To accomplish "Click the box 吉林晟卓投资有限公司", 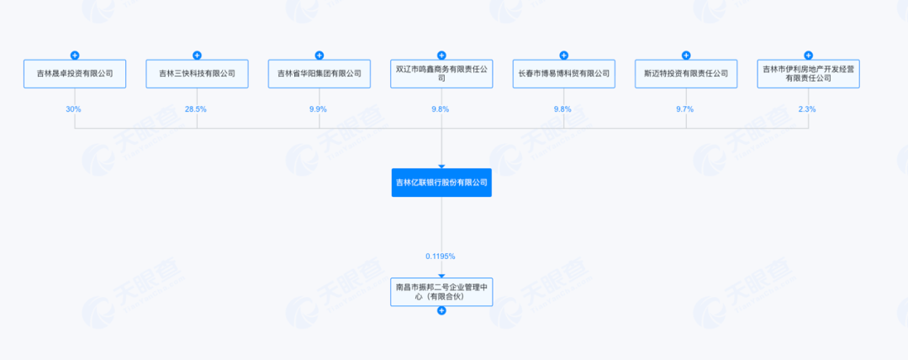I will pyautogui.click(x=75, y=73).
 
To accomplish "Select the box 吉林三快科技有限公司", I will pyautogui.click(x=197, y=73).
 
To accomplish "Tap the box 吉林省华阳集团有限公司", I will pyautogui.click(x=319, y=73).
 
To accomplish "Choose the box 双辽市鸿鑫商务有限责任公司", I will pyautogui.click(x=441, y=73).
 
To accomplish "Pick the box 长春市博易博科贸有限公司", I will pyautogui.click(x=563, y=73).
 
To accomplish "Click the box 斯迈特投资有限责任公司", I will pyautogui.click(x=686, y=73).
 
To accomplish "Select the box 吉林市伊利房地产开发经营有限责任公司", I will pyautogui.click(x=808, y=73).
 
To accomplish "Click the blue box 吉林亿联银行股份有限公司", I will pyautogui.click(x=441, y=183).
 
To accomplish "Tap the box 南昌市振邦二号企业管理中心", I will pyautogui.click(x=441, y=291).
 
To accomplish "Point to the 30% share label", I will pyautogui.click(x=75, y=109).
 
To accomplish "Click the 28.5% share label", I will pyautogui.click(x=197, y=109).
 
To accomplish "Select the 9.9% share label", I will pyautogui.click(x=319, y=109).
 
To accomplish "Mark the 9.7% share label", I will pyautogui.click(x=686, y=109).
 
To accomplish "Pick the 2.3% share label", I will pyautogui.click(x=808, y=109).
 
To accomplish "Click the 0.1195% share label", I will pyautogui.click(x=441, y=255).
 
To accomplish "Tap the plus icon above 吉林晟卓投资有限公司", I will pyautogui.click(x=75, y=55).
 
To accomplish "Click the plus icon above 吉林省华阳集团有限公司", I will pyautogui.click(x=319, y=55).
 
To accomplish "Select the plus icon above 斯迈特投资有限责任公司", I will pyautogui.click(x=686, y=55).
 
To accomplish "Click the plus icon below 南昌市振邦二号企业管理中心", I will pyautogui.click(x=441, y=310).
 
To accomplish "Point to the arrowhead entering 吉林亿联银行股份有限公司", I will pyautogui.click(x=441, y=166).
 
